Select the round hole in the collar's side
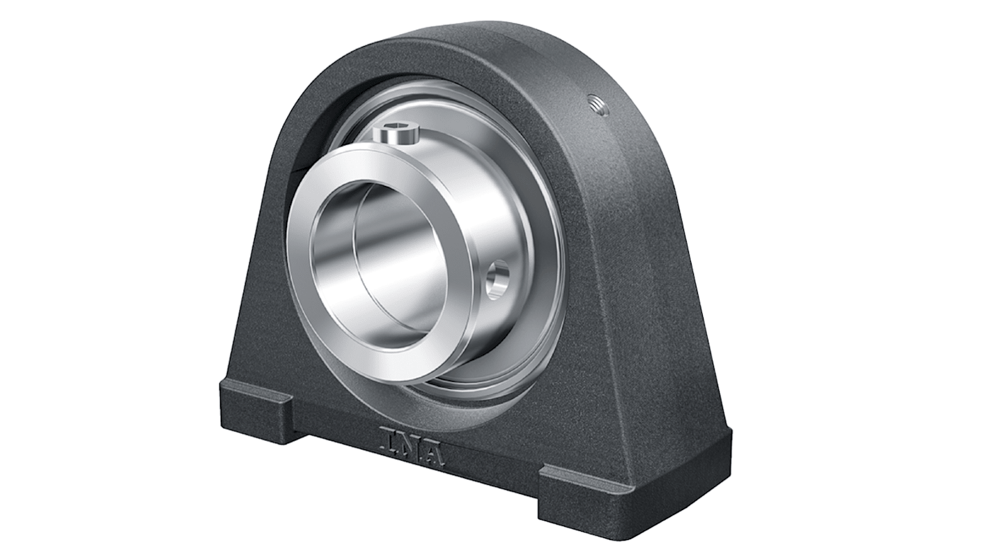coord(497,279)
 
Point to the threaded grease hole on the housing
coord(597,105)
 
